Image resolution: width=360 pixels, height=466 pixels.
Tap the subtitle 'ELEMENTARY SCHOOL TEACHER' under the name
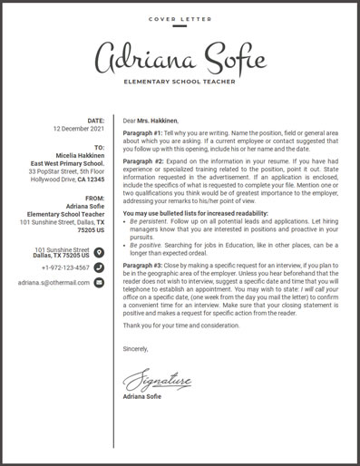[x=180, y=82]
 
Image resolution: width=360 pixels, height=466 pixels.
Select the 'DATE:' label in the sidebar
[x=95, y=121]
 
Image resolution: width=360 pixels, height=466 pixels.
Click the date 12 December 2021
[x=80, y=129]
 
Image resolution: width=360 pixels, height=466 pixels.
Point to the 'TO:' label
[x=99, y=146]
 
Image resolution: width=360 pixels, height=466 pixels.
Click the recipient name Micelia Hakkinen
[x=81, y=154]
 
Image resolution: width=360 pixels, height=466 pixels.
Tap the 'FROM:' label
[x=95, y=198]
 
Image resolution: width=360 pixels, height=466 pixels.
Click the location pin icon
[x=99, y=252]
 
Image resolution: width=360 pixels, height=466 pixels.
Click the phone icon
[x=99, y=267]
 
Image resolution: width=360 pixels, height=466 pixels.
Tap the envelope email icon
[x=99, y=282]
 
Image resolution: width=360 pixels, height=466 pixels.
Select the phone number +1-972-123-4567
[x=65, y=267]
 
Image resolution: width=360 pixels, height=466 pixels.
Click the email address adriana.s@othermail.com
[x=54, y=283]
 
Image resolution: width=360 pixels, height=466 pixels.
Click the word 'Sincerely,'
[x=135, y=348]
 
